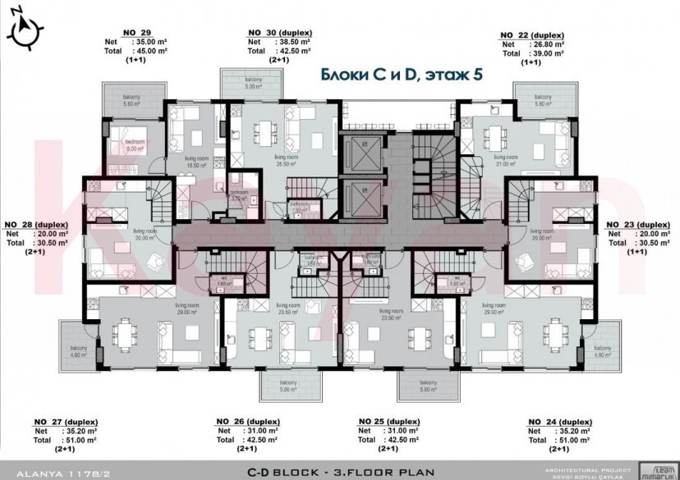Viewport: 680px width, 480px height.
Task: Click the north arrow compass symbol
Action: click(25, 28)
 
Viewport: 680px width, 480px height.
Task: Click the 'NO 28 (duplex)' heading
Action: click(36, 223)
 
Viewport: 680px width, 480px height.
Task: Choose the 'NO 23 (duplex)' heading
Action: click(637, 223)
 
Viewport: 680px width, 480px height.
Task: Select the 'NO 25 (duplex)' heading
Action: click(390, 421)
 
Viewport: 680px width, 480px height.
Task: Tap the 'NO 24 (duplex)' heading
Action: click(559, 421)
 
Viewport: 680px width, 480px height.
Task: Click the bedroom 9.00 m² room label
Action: click(135, 145)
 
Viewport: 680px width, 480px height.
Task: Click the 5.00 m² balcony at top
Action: click(252, 82)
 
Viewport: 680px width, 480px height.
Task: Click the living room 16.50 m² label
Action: click(196, 161)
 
